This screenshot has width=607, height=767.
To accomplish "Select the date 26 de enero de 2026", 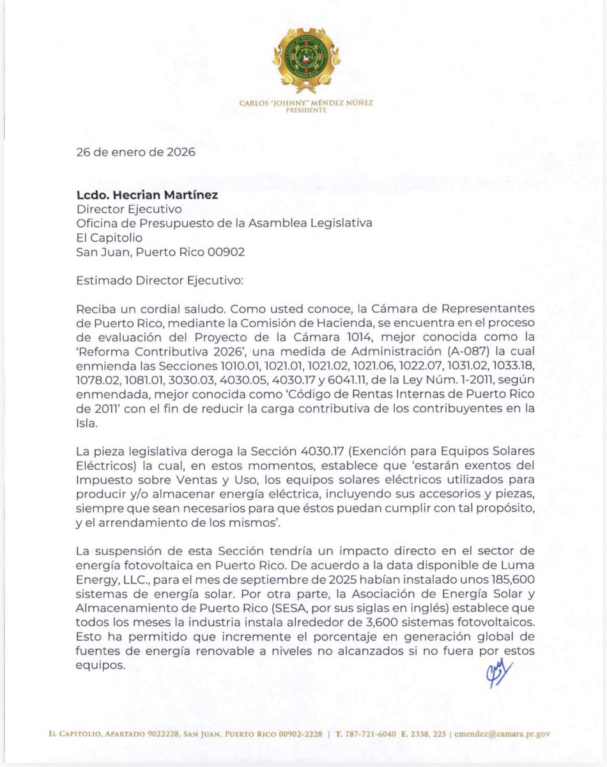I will pyautogui.click(x=136, y=153).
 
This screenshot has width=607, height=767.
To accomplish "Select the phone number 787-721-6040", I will pyautogui.click(x=371, y=734).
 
